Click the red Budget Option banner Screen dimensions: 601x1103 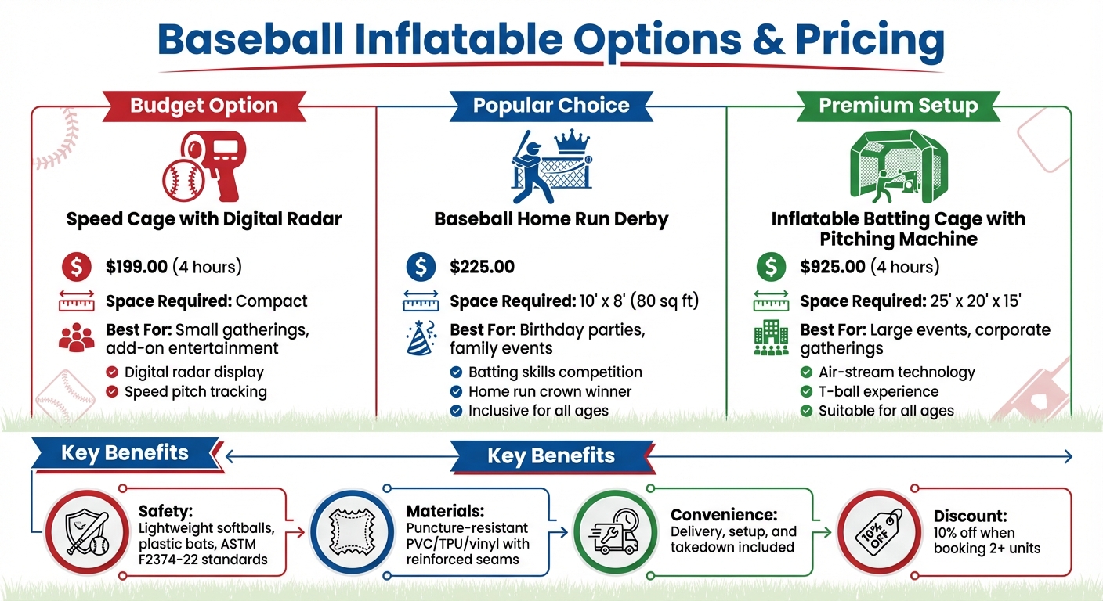(x=204, y=106)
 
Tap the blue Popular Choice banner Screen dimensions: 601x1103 (x=551, y=106)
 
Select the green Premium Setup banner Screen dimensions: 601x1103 (x=898, y=106)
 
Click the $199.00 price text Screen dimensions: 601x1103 (x=137, y=267)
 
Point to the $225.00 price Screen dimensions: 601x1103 (x=482, y=267)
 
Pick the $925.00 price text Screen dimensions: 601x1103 (x=833, y=267)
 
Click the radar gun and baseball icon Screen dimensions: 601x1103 (x=204, y=166)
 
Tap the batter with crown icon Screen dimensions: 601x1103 (x=551, y=166)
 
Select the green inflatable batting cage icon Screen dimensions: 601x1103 (x=898, y=166)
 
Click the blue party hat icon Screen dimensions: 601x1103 (x=421, y=339)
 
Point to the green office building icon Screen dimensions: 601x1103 (x=771, y=339)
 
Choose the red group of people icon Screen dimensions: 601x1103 (x=76, y=338)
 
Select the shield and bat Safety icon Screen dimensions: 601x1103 (x=86, y=532)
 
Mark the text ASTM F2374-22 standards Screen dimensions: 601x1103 (x=203, y=552)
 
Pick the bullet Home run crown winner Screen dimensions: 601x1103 (x=549, y=391)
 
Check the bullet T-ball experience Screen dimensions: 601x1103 (x=878, y=391)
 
